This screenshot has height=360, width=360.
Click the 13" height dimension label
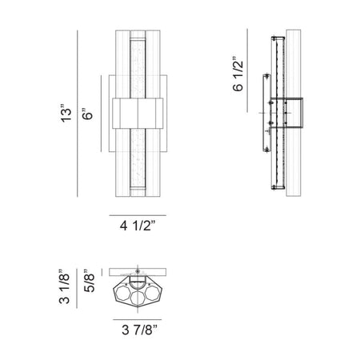pyautogui.click(x=66, y=112)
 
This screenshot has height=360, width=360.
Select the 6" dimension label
pyautogui.click(x=87, y=114)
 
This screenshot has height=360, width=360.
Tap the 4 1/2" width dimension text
pyautogui.click(x=138, y=226)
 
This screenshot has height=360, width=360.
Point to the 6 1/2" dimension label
pyautogui.click(x=238, y=76)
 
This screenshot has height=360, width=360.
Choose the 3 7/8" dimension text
pyautogui.click(x=140, y=330)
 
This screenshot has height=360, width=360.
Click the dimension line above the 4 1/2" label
pyautogui.click(x=138, y=215)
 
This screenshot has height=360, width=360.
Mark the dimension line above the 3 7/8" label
pyautogui.click(x=137, y=319)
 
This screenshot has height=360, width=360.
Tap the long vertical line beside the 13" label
pyautogui.click(x=78, y=114)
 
